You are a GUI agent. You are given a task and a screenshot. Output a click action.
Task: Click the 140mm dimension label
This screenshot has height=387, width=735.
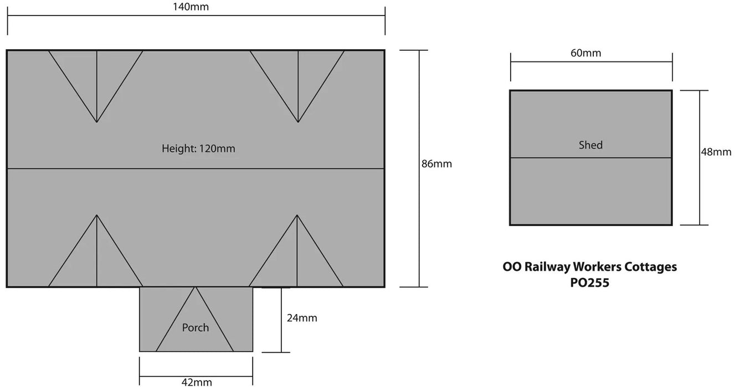[x=191, y=7]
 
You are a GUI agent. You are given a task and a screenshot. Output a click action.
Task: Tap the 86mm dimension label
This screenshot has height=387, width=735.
[x=436, y=164]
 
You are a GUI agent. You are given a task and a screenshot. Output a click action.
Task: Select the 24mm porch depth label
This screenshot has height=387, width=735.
[x=302, y=318]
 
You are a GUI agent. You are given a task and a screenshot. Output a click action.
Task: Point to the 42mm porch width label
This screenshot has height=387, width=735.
[x=197, y=382]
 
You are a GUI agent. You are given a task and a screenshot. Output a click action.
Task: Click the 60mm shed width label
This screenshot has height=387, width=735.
[x=585, y=53]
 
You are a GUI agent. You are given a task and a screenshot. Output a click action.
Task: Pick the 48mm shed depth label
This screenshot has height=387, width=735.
[x=716, y=152]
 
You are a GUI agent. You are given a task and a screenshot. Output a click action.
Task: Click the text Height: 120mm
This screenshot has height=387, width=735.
[x=198, y=149]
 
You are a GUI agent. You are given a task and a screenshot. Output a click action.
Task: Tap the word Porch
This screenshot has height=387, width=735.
[x=195, y=327]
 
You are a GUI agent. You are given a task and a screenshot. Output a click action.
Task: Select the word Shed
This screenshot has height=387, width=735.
[x=590, y=145]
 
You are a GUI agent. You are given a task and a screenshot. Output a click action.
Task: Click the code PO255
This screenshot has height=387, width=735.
[x=590, y=283]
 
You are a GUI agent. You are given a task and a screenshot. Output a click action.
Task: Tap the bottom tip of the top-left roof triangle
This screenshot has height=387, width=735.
[x=97, y=122]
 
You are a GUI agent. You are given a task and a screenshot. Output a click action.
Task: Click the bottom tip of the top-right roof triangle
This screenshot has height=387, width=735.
[x=298, y=122]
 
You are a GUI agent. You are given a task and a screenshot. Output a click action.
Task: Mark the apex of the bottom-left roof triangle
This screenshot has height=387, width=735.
[x=97, y=215]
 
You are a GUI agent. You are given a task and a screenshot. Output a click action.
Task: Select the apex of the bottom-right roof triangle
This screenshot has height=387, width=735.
[x=297, y=215]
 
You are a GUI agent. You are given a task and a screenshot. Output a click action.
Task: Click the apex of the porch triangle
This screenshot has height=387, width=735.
[x=195, y=287]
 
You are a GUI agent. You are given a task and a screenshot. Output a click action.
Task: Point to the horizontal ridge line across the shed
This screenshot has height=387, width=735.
[x=590, y=158]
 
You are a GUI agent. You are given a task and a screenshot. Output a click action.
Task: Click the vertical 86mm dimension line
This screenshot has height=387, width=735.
[x=419, y=169]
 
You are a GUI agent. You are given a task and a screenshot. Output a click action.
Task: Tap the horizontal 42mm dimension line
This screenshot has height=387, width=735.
[x=196, y=376]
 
